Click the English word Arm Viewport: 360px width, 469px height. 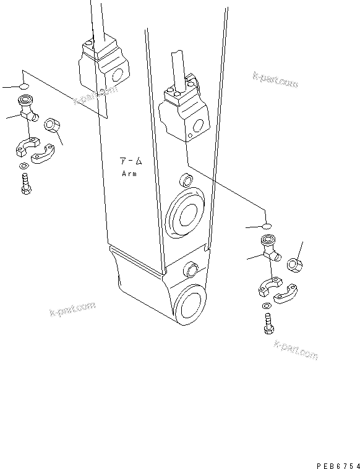click(129, 174)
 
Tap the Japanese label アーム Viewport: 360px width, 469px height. click(131, 162)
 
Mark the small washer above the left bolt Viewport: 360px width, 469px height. click(23, 165)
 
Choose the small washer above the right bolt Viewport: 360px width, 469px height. click(266, 305)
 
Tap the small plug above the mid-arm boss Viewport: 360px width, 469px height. click(184, 181)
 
